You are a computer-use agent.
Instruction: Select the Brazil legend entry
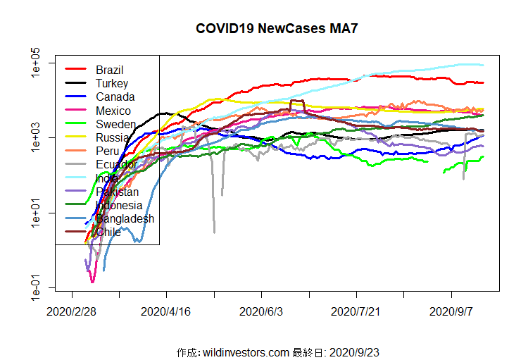pos(110,70)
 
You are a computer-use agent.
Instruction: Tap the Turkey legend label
pos(112,83)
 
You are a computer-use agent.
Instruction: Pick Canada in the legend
pos(115,97)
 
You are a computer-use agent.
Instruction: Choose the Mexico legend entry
pos(113,111)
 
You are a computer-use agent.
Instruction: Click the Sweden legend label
pos(115,124)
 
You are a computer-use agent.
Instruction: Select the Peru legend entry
pos(108,151)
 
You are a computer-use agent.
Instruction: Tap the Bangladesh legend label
pos(125,219)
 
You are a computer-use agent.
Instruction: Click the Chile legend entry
pos(108,232)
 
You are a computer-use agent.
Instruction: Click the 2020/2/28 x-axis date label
pos(72,311)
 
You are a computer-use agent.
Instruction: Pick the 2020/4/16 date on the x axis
pos(167,311)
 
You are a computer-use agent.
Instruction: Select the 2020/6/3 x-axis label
pos(261,311)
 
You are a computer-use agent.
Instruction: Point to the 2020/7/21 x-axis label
pos(356,311)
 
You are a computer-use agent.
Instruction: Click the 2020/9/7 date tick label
pos(451,311)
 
